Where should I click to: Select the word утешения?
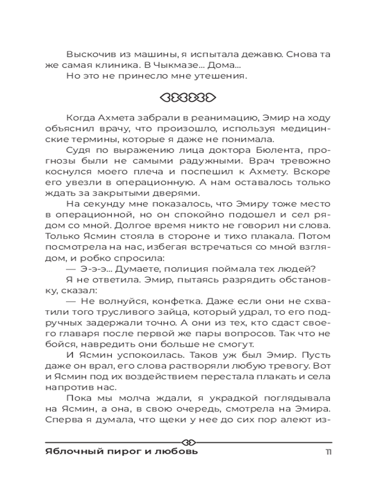[220, 76]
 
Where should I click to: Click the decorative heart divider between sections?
[188, 96]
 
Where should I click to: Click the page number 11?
[328, 451]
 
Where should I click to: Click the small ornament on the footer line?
[188, 438]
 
